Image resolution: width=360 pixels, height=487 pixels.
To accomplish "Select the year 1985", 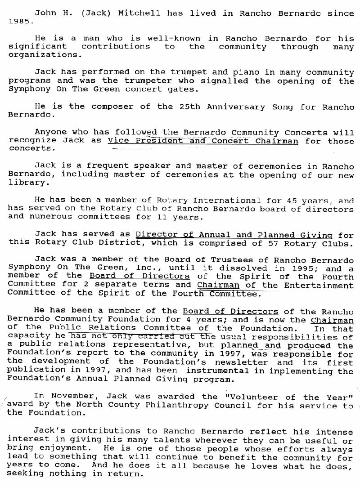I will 20,21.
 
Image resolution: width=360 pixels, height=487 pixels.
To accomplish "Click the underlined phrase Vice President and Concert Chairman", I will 203,141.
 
